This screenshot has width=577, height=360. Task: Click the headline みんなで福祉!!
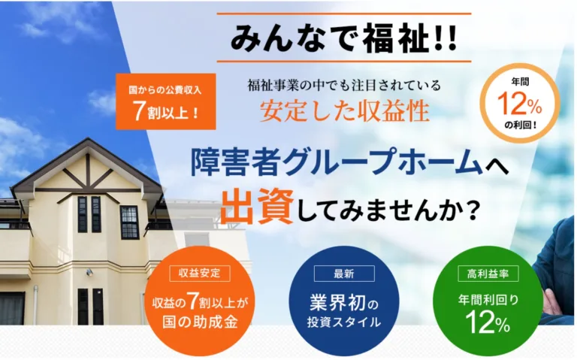click(x=343, y=38)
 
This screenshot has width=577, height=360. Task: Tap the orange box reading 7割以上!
click(x=165, y=101)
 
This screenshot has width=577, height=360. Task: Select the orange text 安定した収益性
click(x=345, y=110)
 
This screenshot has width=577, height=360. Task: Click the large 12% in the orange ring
click(x=520, y=104)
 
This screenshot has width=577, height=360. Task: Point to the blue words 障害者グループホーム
click(x=337, y=162)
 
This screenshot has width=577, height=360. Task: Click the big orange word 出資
click(x=257, y=206)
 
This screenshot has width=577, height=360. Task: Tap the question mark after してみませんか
click(x=473, y=211)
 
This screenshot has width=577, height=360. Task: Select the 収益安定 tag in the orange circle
click(x=200, y=273)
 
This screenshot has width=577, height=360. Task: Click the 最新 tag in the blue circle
click(x=344, y=274)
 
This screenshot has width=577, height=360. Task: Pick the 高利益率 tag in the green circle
click(x=488, y=274)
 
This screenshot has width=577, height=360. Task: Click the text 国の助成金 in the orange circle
click(x=200, y=322)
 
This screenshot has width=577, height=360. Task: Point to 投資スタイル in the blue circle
click(x=343, y=322)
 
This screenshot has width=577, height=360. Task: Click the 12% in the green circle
click(x=488, y=322)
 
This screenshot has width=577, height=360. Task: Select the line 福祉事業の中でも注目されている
click(x=344, y=86)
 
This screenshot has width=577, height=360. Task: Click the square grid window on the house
click(x=129, y=222)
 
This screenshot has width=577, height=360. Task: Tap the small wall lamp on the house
click(x=90, y=272)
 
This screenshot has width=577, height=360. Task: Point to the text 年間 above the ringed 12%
click(x=520, y=82)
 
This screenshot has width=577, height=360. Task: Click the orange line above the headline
click(x=343, y=14)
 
